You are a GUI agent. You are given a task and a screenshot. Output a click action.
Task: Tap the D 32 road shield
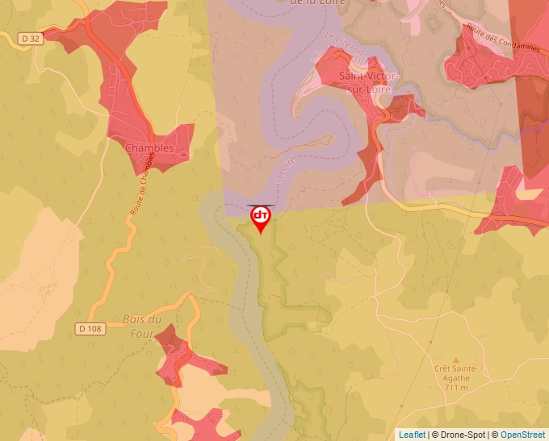(x=31, y=38)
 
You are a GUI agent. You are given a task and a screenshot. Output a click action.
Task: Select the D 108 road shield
(x=92, y=328)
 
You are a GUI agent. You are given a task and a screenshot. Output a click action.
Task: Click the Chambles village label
(x=149, y=148)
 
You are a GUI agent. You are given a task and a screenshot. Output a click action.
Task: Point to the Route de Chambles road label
(x=139, y=185)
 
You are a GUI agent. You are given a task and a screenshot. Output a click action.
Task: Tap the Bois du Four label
(x=142, y=326)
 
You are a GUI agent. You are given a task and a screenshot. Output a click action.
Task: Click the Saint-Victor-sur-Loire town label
(x=368, y=82)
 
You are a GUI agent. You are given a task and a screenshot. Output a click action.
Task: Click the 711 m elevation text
(x=456, y=388)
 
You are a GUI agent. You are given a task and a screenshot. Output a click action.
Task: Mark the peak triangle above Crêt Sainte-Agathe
(x=456, y=360)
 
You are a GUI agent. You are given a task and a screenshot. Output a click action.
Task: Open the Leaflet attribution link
(x=412, y=435)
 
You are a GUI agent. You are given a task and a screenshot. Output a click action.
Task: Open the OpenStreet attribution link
(x=522, y=435)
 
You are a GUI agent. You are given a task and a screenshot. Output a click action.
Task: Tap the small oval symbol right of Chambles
(x=183, y=153)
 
